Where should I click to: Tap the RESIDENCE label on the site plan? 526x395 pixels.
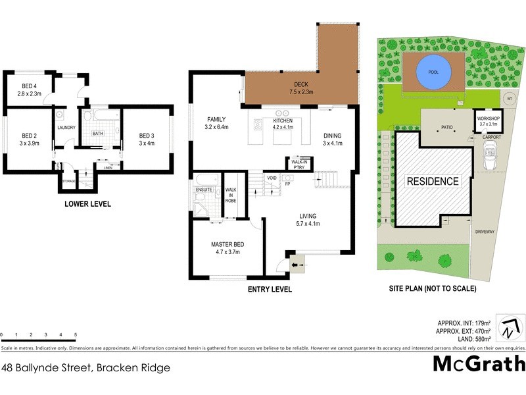pyautogui.click(x=432, y=181)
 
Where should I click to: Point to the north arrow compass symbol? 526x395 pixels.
pyautogui.click(x=511, y=327)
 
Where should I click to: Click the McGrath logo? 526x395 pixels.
pyautogui.click(x=479, y=363)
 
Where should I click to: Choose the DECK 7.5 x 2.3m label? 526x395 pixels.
pyautogui.click(x=301, y=86)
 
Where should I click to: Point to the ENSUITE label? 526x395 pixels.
pyautogui.click(x=204, y=190)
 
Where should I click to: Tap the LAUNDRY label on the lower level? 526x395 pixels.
pyautogui.click(x=66, y=128)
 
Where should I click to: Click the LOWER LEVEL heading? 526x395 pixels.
pyautogui.click(x=87, y=204)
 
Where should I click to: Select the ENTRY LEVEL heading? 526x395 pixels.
pyautogui.click(x=270, y=289)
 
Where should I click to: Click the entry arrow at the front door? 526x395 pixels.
pyautogui.click(x=296, y=266)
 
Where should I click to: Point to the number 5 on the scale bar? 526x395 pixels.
pyautogui.click(x=76, y=335)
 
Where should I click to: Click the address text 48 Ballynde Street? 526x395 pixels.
pyautogui.click(x=85, y=368)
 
